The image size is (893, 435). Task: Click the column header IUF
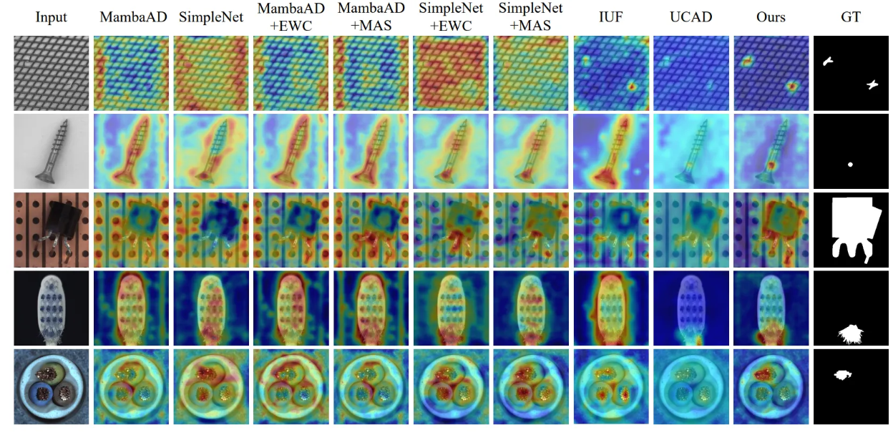pyautogui.click(x=611, y=16)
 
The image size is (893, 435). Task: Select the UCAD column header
pyautogui.click(x=691, y=16)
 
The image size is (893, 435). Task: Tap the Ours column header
pyautogui.click(x=771, y=16)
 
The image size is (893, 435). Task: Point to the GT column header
pyautogui.click(x=851, y=16)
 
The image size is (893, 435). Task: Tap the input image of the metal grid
pyautogui.click(x=52, y=74)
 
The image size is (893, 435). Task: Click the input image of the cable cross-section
pyautogui.click(x=52, y=386)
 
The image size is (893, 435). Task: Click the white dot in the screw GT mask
pyautogui.click(x=850, y=165)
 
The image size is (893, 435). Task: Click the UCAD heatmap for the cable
pyautogui.click(x=691, y=386)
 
